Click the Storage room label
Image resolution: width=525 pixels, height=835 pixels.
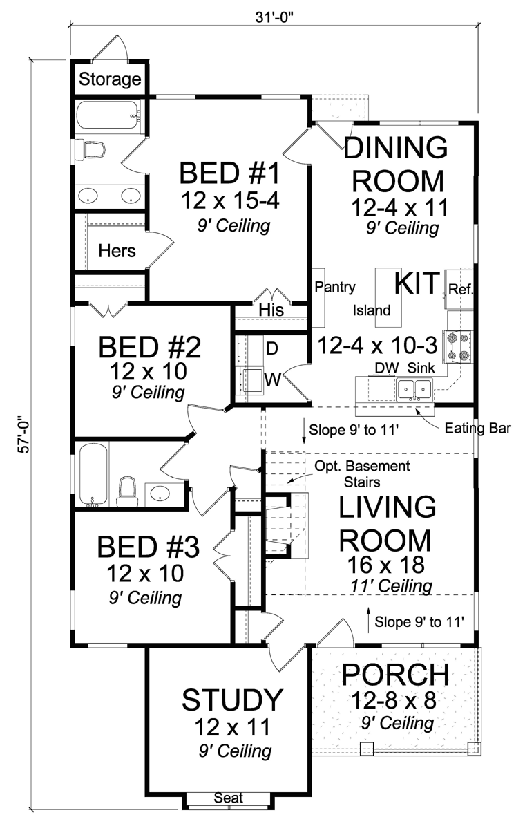[110, 79]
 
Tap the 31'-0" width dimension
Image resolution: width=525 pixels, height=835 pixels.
[273, 17]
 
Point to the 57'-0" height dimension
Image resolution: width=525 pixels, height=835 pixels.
[24, 434]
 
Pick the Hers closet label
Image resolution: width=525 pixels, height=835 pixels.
[117, 251]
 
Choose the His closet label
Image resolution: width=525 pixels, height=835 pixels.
[271, 310]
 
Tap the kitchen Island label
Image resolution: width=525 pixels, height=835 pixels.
[372, 310]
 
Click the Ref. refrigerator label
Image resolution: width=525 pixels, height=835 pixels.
[461, 289]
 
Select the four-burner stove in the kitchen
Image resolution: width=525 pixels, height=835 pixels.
[457, 346]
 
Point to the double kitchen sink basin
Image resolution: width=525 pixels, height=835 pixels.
[414, 390]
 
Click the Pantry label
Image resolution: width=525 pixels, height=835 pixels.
[335, 287]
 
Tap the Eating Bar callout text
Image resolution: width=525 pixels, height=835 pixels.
[477, 429]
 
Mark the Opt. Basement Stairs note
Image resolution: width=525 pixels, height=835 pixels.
[362, 473]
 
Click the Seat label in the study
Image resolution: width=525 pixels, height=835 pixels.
[229, 798]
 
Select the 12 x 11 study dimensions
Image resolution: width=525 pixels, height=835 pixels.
[232, 727]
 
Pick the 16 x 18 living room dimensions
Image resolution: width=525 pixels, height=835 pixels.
[385, 565]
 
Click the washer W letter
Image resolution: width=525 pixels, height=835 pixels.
[272, 379]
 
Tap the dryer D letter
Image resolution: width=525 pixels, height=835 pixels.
[272, 349]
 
